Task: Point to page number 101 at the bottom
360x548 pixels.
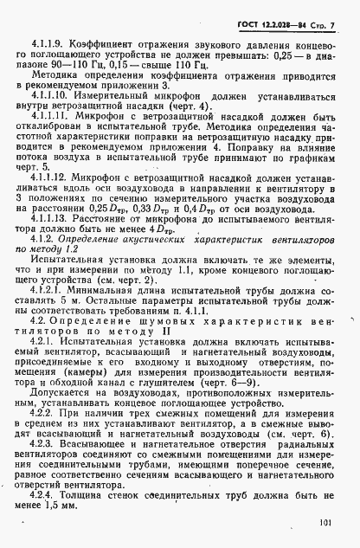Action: click(325, 521)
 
